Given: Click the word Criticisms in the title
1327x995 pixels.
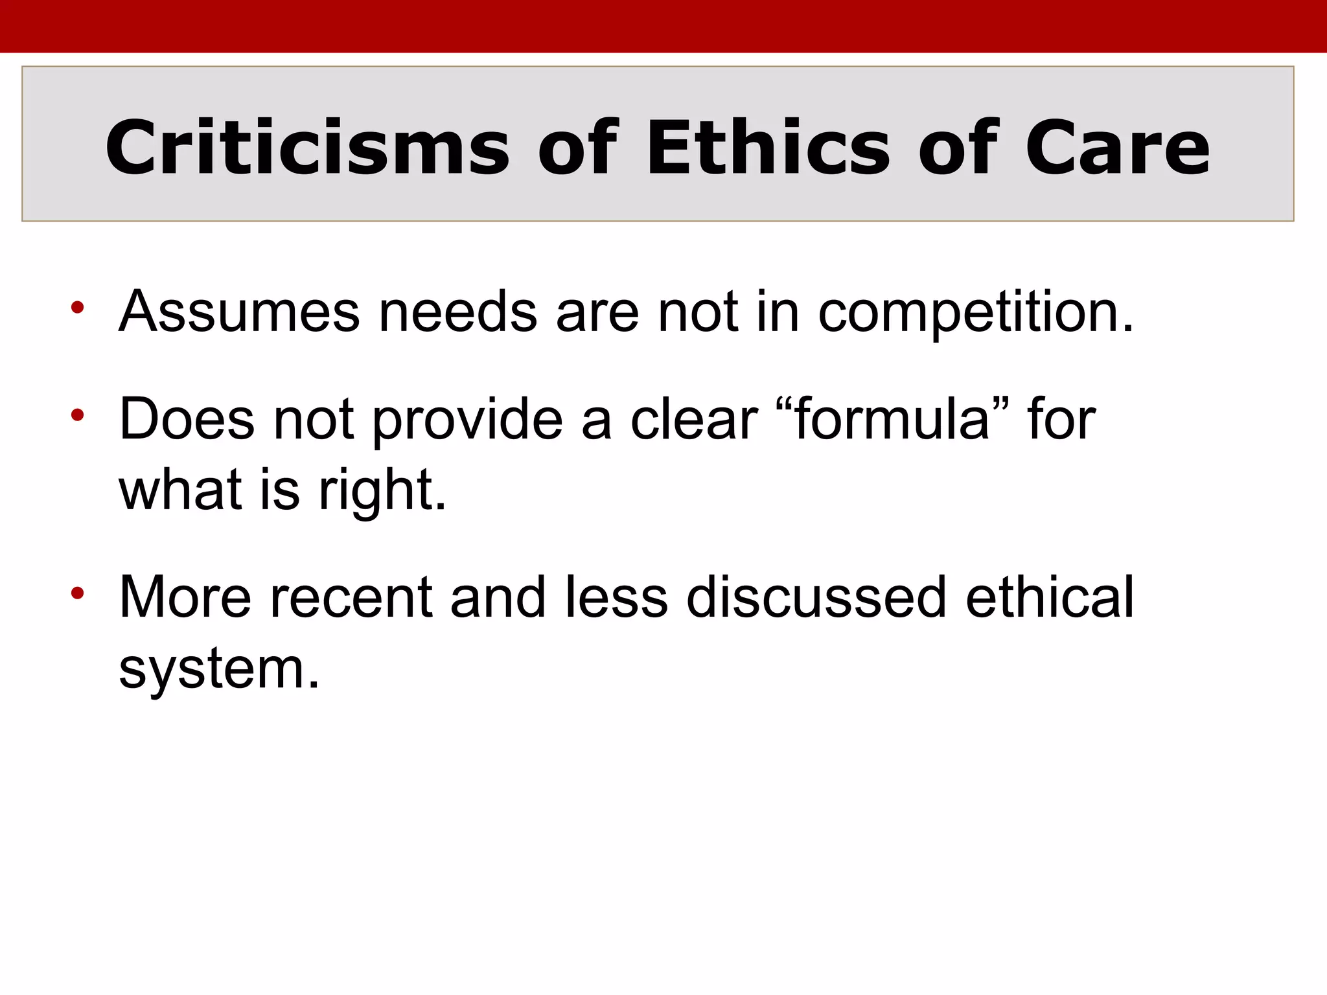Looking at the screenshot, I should [x=307, y=148].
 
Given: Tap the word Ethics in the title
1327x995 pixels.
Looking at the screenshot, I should [x=768, y=148].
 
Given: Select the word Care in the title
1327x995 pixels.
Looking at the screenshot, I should [x=1117, y=148].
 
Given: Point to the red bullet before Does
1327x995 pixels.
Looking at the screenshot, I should [x=78, y=415].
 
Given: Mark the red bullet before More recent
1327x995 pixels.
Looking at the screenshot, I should [x=78, y=592].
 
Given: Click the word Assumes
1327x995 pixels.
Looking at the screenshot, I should [x=239, y=312].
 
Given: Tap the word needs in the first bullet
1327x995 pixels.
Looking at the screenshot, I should [x=457, y=312].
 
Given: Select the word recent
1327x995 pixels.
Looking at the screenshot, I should [x=351, y=597].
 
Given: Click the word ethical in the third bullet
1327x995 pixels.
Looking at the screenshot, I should [x=1050, y=597].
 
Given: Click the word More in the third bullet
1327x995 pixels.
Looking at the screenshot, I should [x=185, y=597].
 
